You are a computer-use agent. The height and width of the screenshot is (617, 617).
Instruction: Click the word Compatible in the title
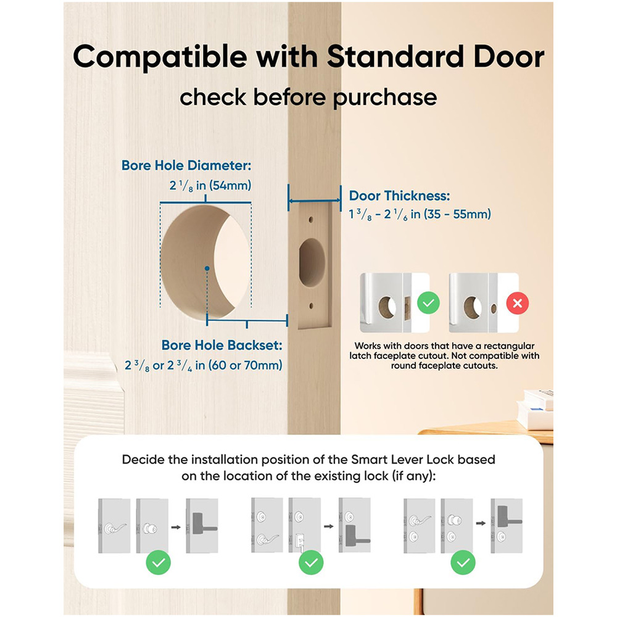point(160,57)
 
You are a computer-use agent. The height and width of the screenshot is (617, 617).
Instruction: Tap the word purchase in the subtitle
point(385,97)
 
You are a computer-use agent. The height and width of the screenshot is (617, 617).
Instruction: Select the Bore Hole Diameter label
point(186,165)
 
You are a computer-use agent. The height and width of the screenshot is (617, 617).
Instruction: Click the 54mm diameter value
point(230,185)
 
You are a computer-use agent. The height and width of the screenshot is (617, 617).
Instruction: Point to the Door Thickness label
point(399,196)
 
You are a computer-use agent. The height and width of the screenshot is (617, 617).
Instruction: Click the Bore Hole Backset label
point(222,345)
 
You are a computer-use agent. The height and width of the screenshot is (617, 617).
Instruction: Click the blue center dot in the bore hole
point(207,268)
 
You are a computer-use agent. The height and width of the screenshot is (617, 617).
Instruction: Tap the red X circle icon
point(518,303)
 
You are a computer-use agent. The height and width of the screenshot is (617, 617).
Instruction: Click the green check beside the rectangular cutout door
point(429,302)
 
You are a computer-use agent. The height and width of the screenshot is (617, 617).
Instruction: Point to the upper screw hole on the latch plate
point(311,219)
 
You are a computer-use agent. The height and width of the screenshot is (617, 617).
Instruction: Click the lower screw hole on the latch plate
point(311,306)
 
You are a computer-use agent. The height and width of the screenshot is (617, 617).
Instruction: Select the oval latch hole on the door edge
point(312,262)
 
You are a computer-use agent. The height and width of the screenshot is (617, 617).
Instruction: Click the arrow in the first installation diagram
point(176,527)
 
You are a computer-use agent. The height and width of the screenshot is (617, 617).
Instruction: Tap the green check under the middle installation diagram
point(311,563)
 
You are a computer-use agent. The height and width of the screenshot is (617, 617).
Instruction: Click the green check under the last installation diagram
point(463,562)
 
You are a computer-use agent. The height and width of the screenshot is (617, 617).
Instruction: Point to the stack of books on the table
point(536,409)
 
